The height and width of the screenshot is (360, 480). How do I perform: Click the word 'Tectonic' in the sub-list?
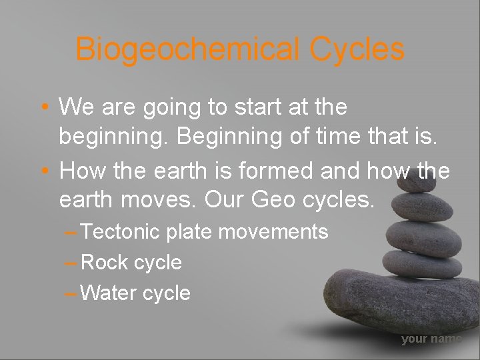pyautogui.click(x=120, y=232)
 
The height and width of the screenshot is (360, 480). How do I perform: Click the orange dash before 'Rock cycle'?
pyautogui.click(x=71, y=263)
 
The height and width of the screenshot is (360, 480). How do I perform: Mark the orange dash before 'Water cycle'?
pyautogui.click(x=71, y=293)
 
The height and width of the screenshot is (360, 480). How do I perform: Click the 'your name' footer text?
pyautogui.click(x=431, y=339)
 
